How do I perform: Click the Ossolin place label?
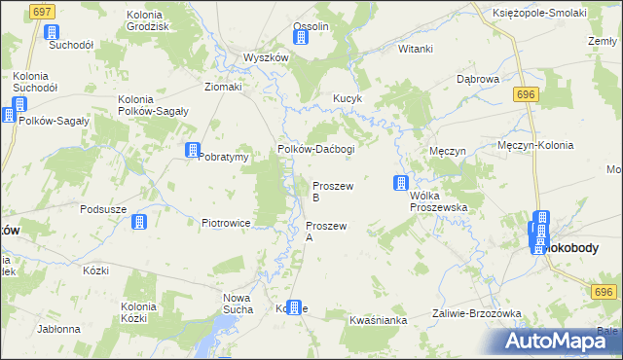click(x=311, y=25)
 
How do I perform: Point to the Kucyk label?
click(x=348, y=99)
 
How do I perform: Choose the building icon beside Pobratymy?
click(x=193, y=150)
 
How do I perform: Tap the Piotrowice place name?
click(x=227, y=223)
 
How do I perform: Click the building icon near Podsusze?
click(x=138, y=222)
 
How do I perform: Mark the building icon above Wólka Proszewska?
click(x=400, y=182)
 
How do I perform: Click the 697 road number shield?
click(x=41, y=11)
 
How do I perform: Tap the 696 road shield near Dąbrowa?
click(x=527, y=93)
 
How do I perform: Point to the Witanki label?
click(x=415, y=48)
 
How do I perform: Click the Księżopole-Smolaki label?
click(x=539, y=12)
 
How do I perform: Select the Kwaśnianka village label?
click(x=376, y=320)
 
